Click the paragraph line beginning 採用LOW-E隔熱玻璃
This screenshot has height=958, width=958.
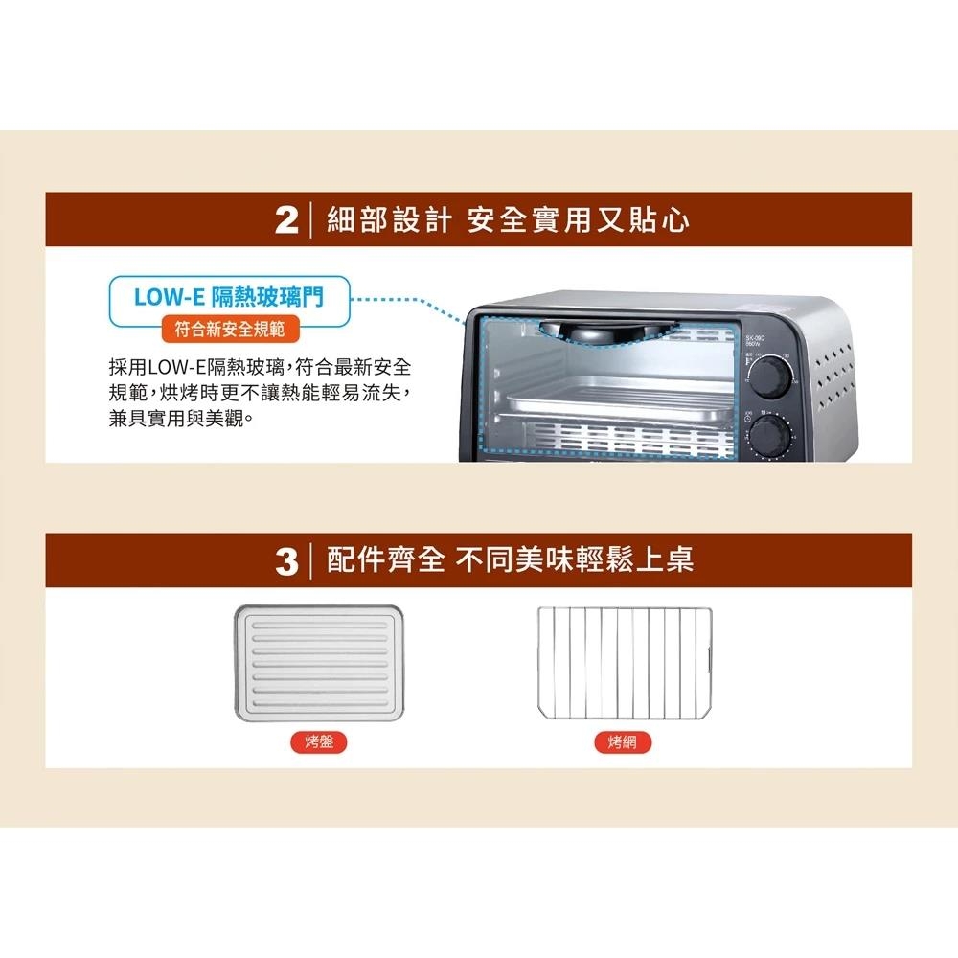click(261, 368)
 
